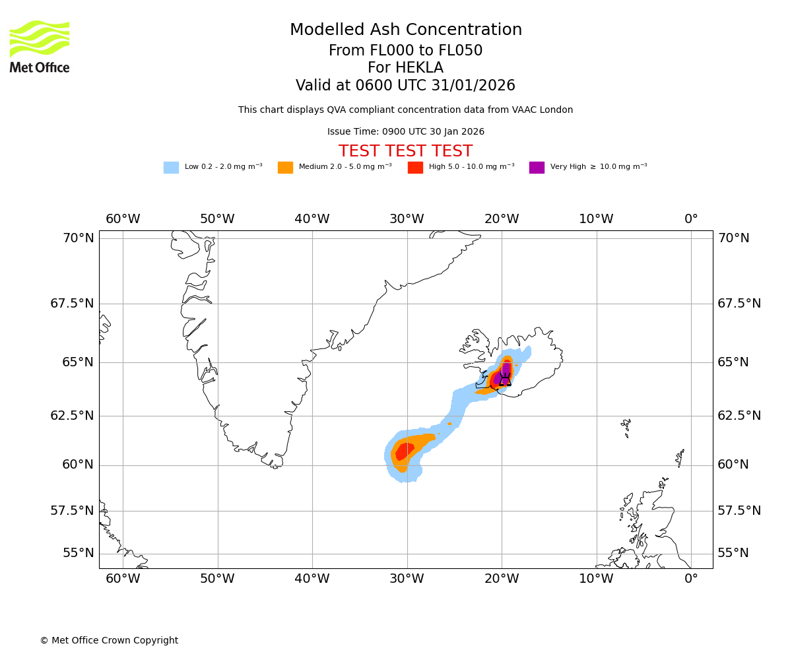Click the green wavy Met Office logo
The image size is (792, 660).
(x=39, y=38)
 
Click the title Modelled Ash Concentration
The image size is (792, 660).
(x=405, y=30)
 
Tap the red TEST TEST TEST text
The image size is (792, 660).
(x=405, y=151)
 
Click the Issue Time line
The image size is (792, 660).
(x=405, y=132)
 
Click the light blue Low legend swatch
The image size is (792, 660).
(x=171, y=168)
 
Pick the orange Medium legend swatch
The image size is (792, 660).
(x=285, y=168)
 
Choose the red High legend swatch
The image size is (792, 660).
(x=415, y=168)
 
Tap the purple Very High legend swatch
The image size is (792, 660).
(x=537, y=168)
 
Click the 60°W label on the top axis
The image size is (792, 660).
(x=123, y=219)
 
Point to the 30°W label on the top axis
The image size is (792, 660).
(x=407, y=219)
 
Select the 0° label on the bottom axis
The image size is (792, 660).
(x=691, y=579)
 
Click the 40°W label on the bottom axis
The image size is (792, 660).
(x=312, y=579)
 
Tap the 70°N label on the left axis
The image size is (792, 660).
(x=79, y=238)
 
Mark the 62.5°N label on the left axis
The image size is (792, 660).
(x=73, y=416)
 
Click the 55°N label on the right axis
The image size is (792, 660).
(x=733, y=553)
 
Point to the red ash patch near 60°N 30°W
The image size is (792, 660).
(x=404, y=451)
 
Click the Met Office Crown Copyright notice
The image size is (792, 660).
(x=109, y=640)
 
